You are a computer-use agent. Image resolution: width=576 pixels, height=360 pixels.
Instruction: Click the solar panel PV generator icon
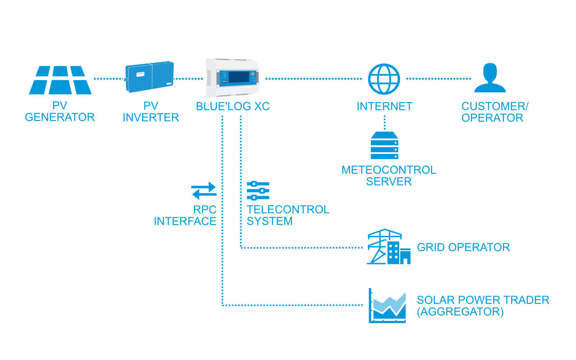pyautogui.click(x=60, y=80)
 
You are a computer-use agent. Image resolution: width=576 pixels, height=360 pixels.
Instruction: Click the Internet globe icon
pyautogui.click(x=384, y=79)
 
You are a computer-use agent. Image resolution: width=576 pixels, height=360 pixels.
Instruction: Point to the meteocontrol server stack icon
pyautogui.click(x=384, y=145)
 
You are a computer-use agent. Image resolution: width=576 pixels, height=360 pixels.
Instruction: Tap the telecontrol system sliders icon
pyautogui.click(x=258, y=191)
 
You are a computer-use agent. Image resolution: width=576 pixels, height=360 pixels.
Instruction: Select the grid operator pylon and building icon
pyautogui.click(x=388, y=247)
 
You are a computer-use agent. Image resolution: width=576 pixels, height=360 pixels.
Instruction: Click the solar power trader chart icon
pyautogui.click(x=387, y=306)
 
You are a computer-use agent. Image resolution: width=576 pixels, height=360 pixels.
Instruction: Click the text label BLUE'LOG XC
pyautogui.click(x=233, y=107)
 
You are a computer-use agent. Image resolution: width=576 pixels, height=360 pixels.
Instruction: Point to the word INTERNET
pyautogui.click(x=384, y=107)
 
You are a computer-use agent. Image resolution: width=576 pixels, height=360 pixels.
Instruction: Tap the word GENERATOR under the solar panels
pyautogui.click(x=60, y=117)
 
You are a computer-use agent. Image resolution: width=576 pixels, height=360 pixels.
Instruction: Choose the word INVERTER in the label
pyautogui.click(x=151, y=117)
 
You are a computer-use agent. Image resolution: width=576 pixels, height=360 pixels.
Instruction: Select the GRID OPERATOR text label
pyautogui.click(x=463, y=247)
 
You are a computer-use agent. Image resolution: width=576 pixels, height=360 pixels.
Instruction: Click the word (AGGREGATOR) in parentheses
pyautogui.click(x=460, y=311)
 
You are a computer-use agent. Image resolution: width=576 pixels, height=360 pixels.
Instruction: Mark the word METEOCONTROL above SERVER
pyautogui.click(x=389, y=170)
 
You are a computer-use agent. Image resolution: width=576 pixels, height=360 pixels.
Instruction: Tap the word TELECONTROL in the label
pyautogui.click(x=288, y=210)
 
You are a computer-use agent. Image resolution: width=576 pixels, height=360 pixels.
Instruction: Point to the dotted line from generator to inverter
pyautogui.click(x=108, y=79)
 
